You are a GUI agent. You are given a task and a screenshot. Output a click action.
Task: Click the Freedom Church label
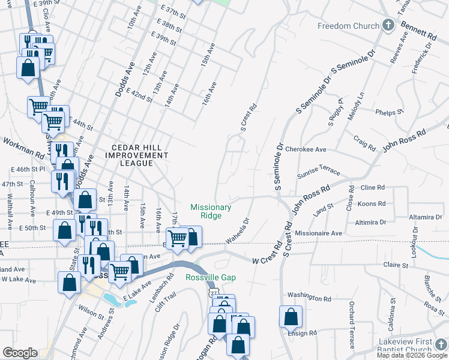tap(349, 26)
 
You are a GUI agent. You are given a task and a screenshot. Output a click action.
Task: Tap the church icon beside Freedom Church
tap(388, 26)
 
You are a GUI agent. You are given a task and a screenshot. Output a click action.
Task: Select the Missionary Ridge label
tap(211, 211)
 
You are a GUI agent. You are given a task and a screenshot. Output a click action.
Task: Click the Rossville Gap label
tap(210, 278)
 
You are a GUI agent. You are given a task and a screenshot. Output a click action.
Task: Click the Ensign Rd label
tap(302, 333)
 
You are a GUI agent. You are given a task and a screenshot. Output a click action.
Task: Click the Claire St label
tap(396, 265)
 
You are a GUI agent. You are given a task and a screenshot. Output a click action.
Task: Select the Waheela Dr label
tap(237, 231)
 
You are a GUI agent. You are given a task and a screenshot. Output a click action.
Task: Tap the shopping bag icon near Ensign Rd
tap(291, 316)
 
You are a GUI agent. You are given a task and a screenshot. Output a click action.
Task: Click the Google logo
tap(20, 353)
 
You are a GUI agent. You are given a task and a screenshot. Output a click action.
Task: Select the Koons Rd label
tap(372, 204)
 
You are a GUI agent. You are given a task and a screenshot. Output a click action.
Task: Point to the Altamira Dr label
tap(423, 217)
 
